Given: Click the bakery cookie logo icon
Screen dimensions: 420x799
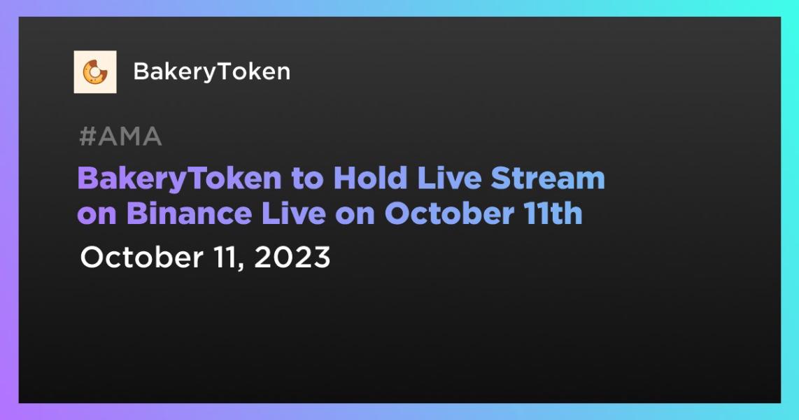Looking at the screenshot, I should tap(95, 71).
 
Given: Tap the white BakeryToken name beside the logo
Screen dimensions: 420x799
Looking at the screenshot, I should tap(211, 71).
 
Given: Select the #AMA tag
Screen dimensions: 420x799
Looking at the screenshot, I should tap(120, 137).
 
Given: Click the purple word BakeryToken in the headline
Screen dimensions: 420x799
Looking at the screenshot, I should tap(178, 179).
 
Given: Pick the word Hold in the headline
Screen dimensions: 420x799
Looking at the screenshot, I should tap(369, 179).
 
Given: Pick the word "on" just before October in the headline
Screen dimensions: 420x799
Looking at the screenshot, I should tap(354, 214).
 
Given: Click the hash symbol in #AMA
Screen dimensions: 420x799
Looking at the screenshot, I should tap(87, 137).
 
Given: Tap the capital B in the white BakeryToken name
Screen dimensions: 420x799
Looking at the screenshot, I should tap(140, 71).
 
